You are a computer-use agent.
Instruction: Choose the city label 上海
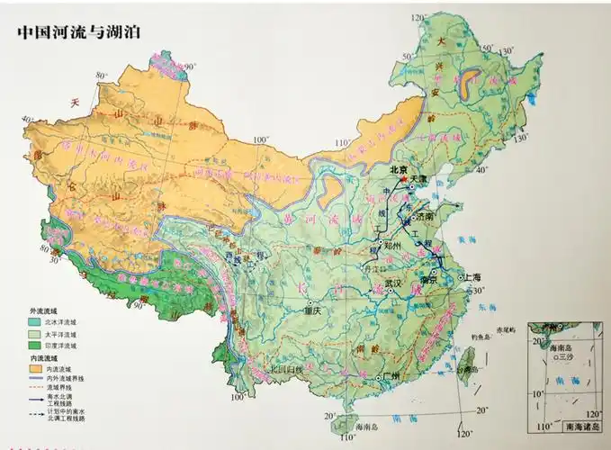point(472,277)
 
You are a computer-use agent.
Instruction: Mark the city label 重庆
point(311,310)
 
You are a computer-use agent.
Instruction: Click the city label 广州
point(390,375)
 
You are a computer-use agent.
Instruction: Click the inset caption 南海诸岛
point(582,424)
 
